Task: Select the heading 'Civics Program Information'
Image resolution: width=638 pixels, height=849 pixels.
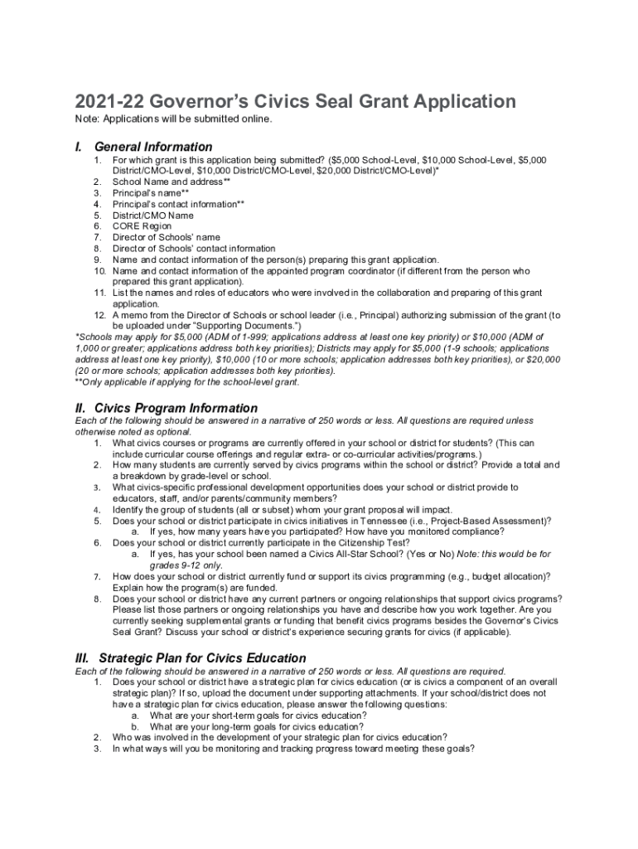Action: pos(176,408)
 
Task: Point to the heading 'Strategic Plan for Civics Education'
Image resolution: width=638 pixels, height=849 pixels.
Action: pos(202,657)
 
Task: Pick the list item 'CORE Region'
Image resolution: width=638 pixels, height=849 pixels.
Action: pos(142,226)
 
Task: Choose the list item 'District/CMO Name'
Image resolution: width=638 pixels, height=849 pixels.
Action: pos(152,216)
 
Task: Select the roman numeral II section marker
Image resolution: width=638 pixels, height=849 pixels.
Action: pos(81,408)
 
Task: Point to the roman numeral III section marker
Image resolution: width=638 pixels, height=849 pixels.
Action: pos(83,657)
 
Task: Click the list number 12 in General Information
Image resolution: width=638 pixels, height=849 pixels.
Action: pos(98,315)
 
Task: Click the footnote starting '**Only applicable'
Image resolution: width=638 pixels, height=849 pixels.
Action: pos(186,382)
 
